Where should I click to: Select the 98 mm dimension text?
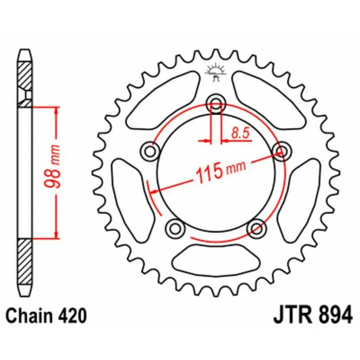click(52, 166)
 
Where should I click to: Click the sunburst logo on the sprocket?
click(216, 72)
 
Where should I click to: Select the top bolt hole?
click(216, 105)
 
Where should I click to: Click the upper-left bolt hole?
click(150, 152)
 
